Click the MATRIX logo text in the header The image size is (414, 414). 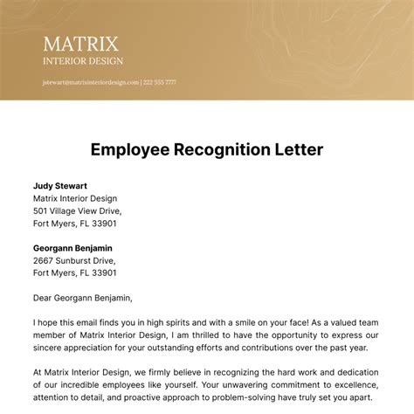pos(82,44)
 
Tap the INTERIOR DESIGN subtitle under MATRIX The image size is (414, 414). pos(82,61)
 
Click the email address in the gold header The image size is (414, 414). pos(90,82)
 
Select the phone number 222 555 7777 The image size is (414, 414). pos(159,82)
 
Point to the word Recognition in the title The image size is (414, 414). pos(224,149)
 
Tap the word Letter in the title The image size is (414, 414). pos(298,149)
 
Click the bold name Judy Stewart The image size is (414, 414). pos(59,186)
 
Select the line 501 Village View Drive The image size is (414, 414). pos(78,210)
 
